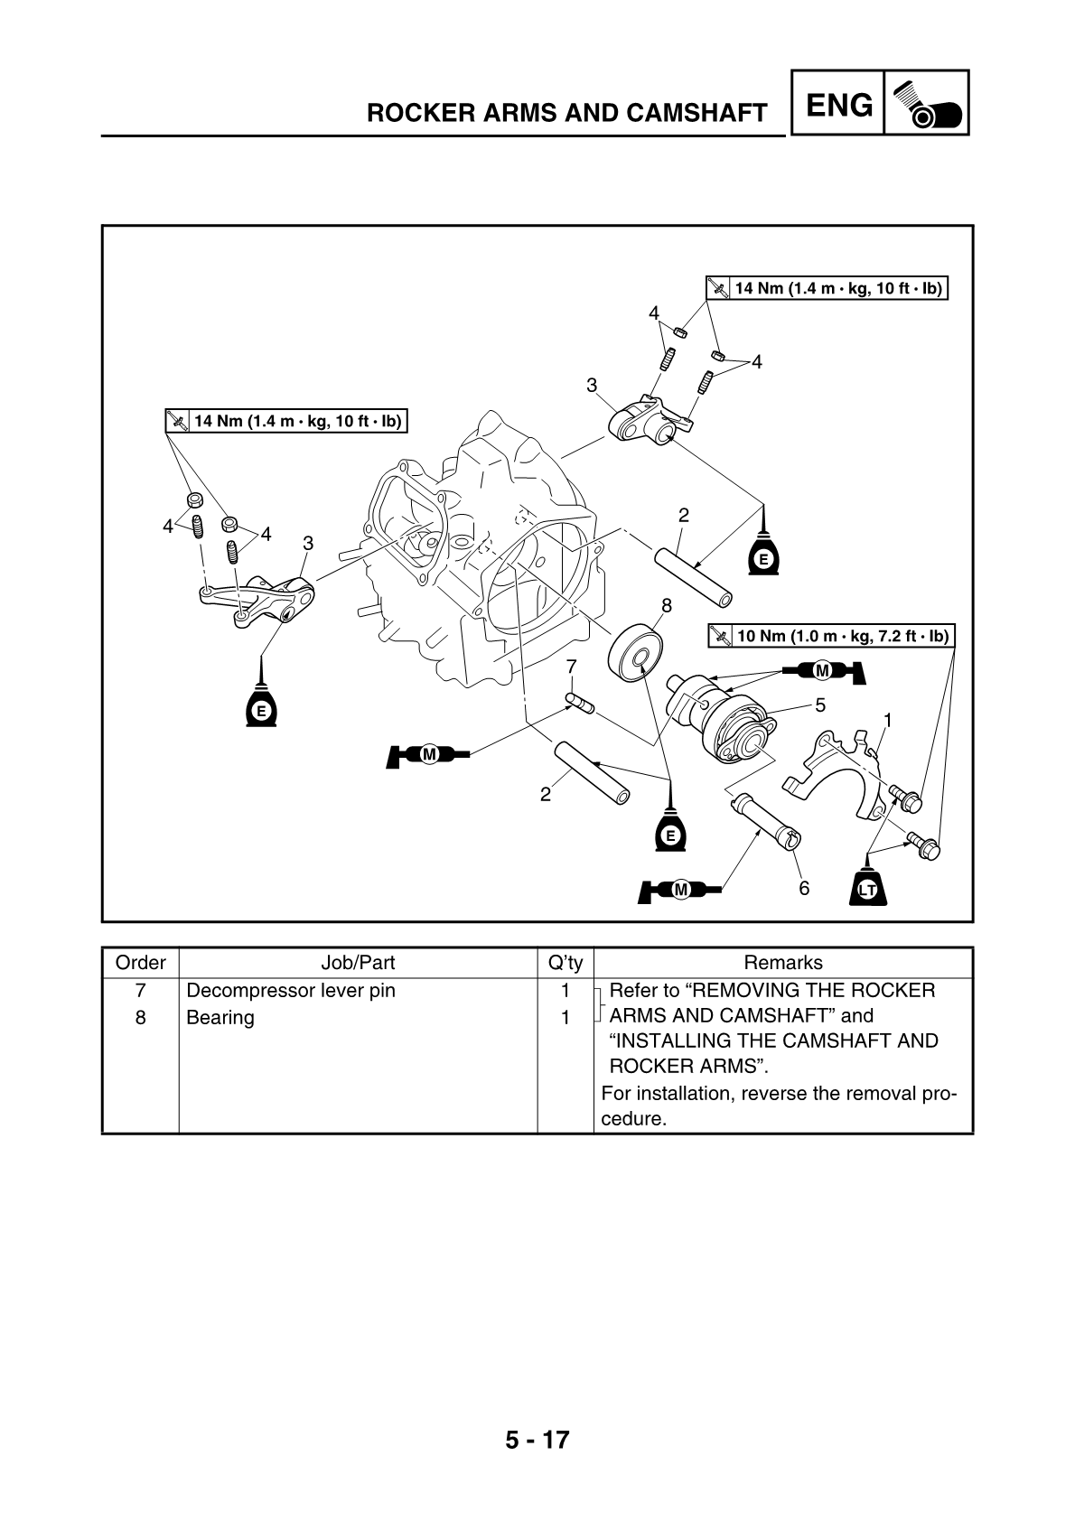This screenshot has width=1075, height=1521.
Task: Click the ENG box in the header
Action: pyautogui.click(x=837, y=105)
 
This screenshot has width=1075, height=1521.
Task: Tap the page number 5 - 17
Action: pyautogui.click(x=537, y=1439)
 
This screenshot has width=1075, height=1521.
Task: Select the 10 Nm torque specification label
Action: pyautogui.click(x=830, y=636)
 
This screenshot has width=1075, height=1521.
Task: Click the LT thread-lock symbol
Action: pyautogui.click(x=868, y=889)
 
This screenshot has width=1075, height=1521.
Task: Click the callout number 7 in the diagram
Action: pyautogui.click(x=571, y=667)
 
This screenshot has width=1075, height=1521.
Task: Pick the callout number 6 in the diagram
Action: pyautogui.click(x=804, y=888)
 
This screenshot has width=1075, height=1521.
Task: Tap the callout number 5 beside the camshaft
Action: pyautogui.click(x=820, y=703)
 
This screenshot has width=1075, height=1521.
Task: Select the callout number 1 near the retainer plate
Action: pyautogui.click(x=887, y=720)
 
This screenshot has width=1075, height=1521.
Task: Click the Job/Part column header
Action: pyautogui.click(x=358, y=963)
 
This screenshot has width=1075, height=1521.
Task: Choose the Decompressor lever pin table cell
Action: pyautogui.click(x=291, y=991)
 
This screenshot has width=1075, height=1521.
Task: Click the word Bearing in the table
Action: pyautogui.click(x=220, y=1018)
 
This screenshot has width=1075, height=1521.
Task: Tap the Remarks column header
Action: pyautogui.click(x=782, y=963)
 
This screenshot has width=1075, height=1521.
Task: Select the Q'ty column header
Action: pyautogui.click(x=566, y=963)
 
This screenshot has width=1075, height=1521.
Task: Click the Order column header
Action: pyautogui.click(x=141, y=963)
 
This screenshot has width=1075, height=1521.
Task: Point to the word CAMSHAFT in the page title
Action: pyautogui.click(x=696, y=113)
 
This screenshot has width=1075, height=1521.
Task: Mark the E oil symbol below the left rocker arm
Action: pyautogui.click(x=261, y=708)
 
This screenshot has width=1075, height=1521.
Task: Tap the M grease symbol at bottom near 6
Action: pyautogui.click(x=680, y=890)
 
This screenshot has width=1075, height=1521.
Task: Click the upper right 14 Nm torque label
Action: pyautogui.click(x=827, y=288)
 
